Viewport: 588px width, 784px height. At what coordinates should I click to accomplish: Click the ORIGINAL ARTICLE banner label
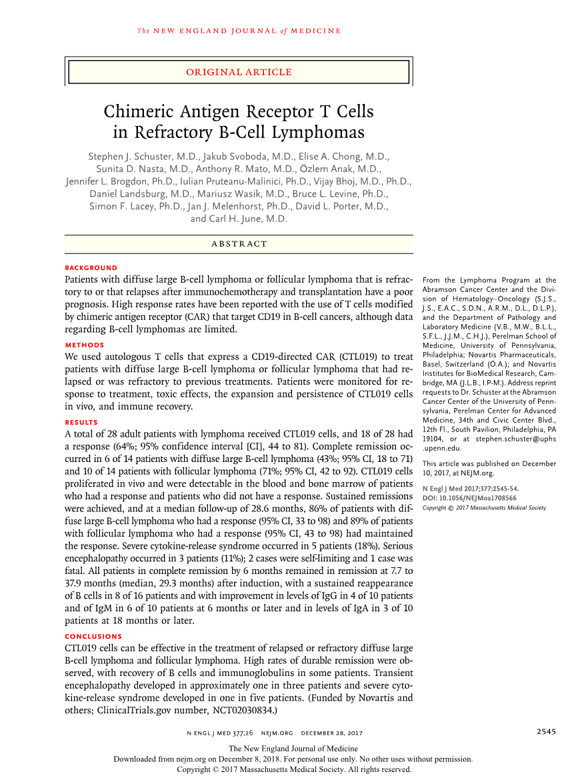239,72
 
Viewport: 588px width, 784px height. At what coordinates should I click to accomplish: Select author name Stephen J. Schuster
132,156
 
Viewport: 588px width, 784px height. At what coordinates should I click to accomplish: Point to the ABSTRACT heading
239,244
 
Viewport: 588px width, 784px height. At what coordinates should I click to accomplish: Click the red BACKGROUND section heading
91,268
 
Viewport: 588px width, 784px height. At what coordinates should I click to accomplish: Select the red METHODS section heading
85,345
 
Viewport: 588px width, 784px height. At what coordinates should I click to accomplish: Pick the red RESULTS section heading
81,423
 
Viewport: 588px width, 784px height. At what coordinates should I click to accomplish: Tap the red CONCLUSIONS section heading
93,637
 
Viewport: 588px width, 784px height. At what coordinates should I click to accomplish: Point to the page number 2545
546,731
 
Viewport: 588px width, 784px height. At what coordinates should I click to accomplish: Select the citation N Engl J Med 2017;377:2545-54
471,489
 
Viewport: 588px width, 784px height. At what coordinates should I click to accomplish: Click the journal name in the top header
239,31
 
